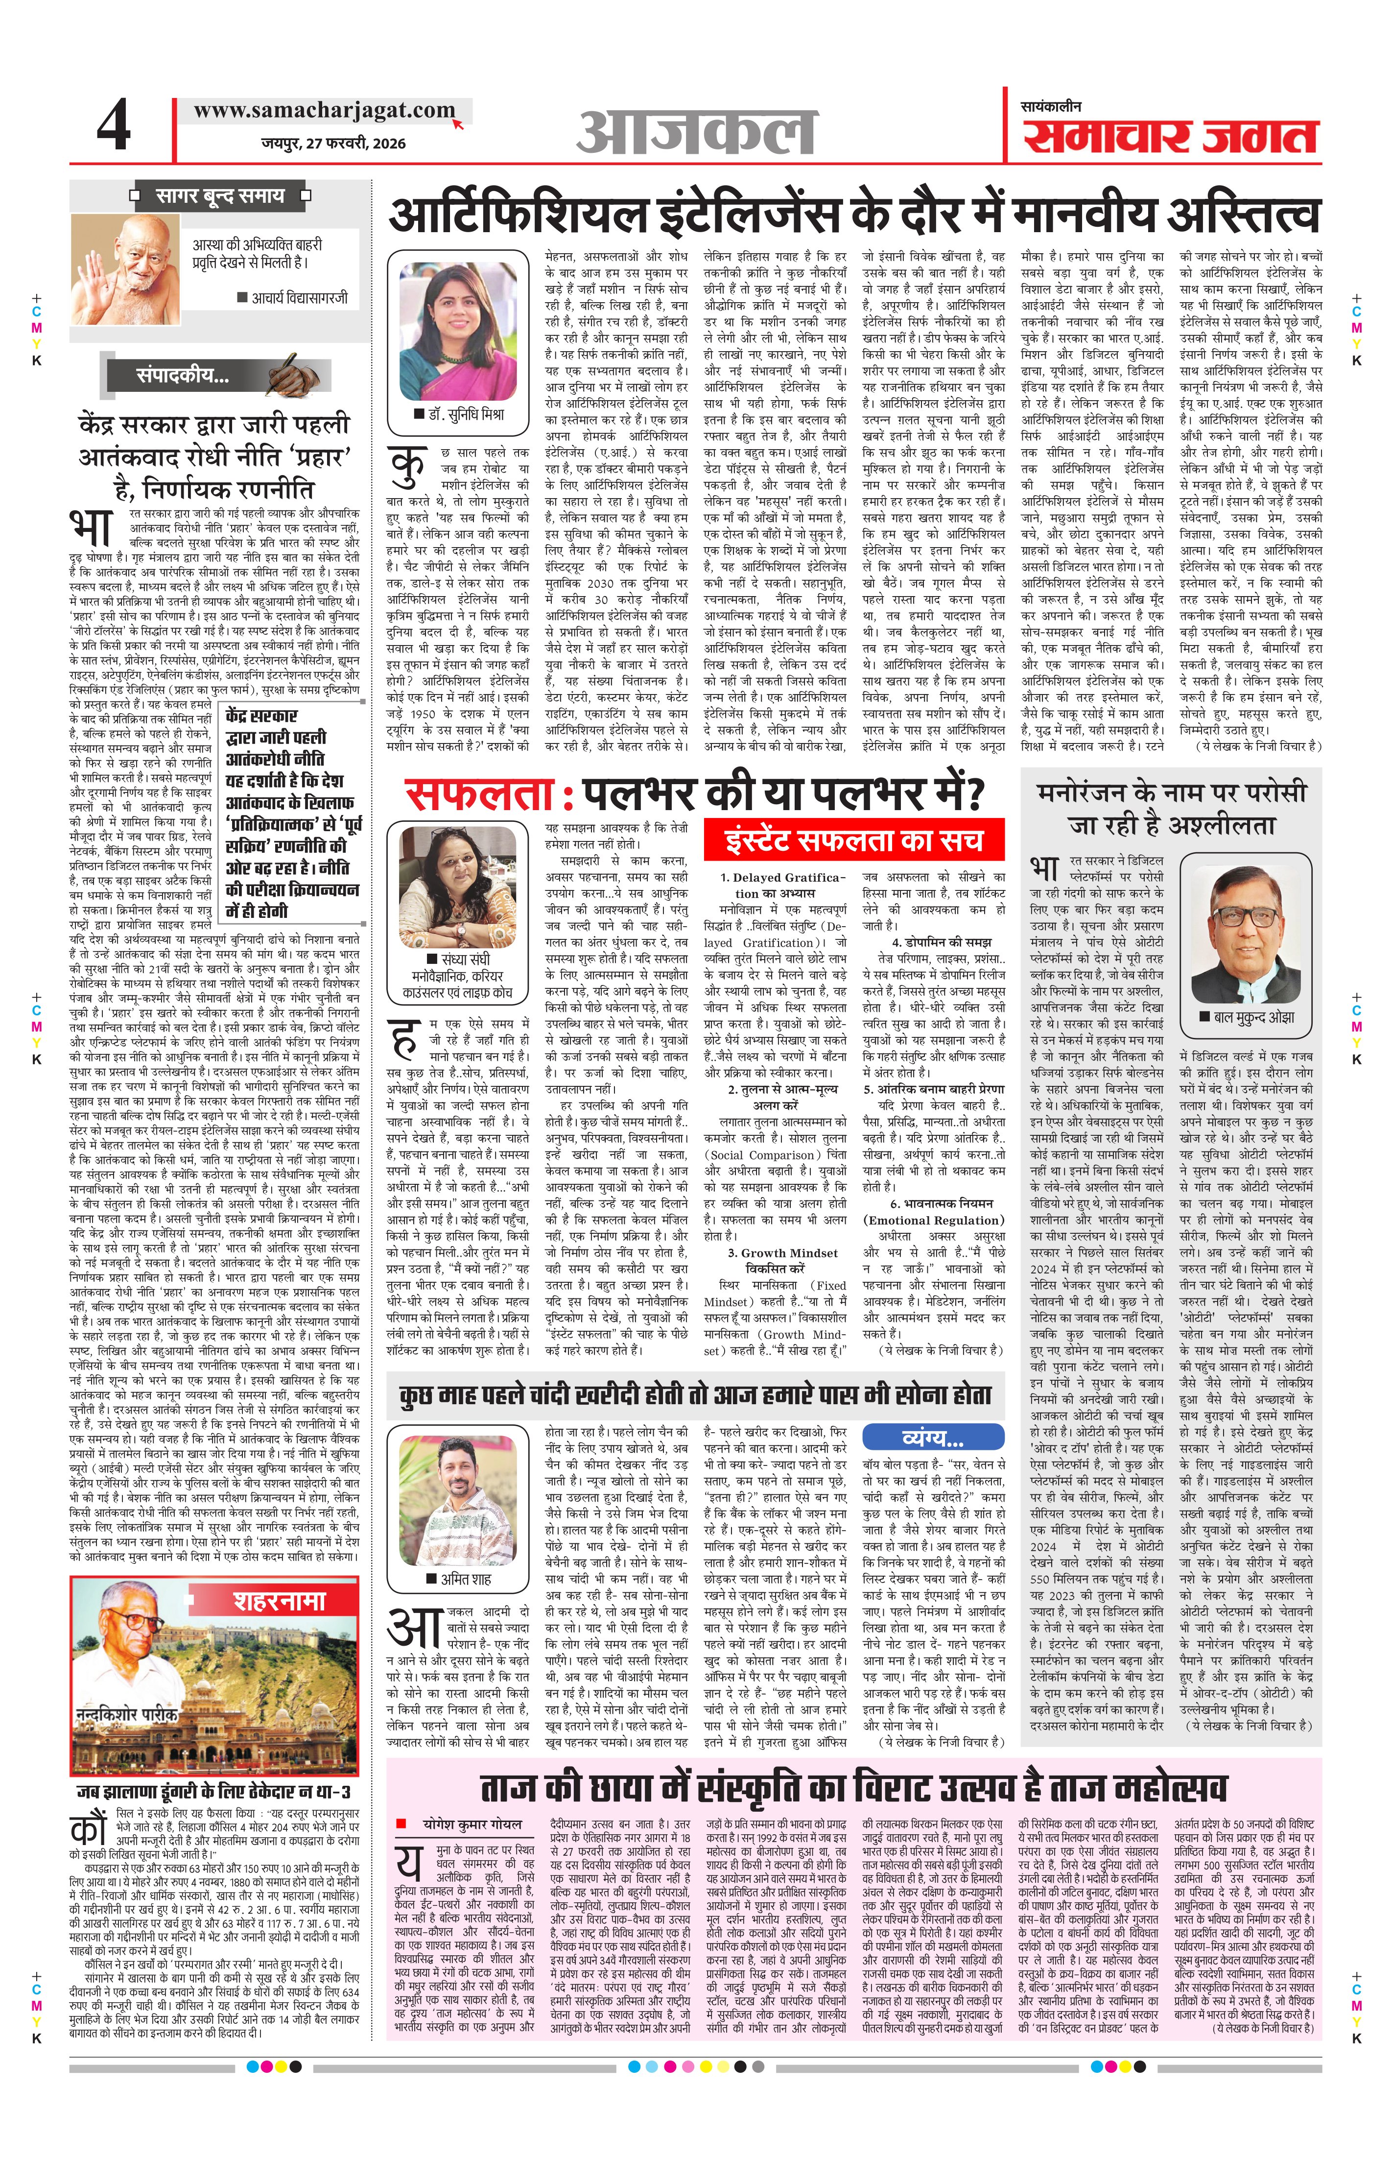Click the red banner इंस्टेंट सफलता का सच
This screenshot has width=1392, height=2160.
click(x=854, y=840)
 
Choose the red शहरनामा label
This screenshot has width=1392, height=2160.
click(x=279, y=1602)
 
